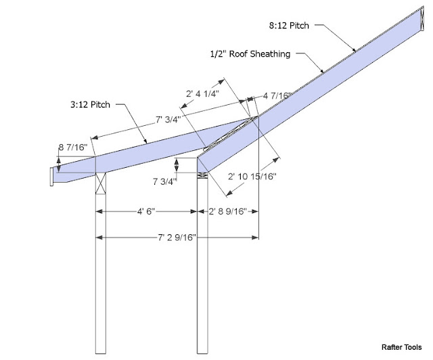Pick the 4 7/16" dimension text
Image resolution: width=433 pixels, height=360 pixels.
coord(276,96)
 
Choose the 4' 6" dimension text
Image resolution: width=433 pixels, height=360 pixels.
coord(145,211)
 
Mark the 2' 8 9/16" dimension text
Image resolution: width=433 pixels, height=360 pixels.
coord(227,211)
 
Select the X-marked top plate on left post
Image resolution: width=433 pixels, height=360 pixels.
coord(100,181)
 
